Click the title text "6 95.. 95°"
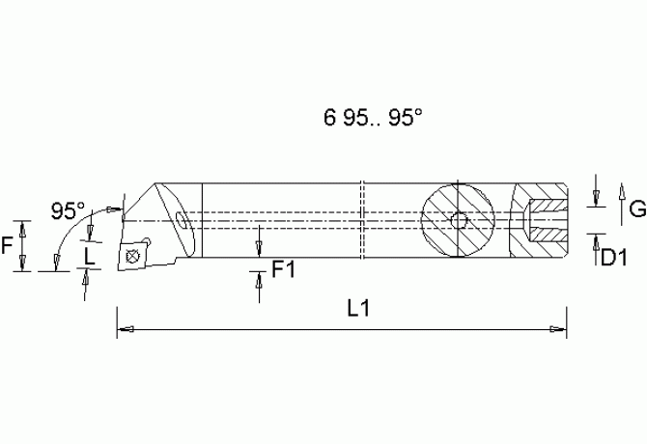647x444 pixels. (x=373, y=117)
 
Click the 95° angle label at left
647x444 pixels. (x=68, y=209)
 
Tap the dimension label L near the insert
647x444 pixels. (x=90, y=256)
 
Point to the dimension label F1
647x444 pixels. (x=283, y=269)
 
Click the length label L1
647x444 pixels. (x=359, y=308)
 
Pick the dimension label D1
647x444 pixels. (x=615, y=257)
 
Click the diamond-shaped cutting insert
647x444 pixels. (x=132, y=256)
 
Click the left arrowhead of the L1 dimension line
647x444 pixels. (x=124, y=330)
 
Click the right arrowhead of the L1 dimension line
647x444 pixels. (x=558, y=330)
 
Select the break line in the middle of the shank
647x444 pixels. (x=360, y=220)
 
